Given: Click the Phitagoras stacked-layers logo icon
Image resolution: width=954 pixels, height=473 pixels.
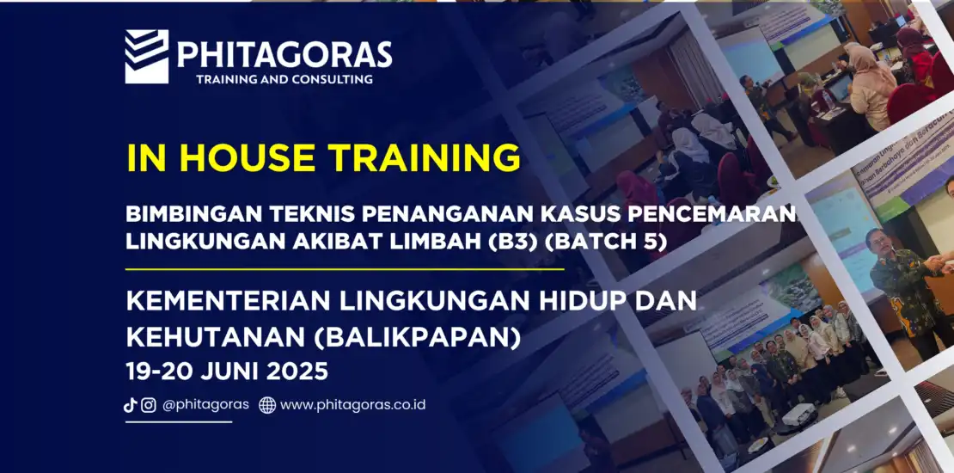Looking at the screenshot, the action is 147,56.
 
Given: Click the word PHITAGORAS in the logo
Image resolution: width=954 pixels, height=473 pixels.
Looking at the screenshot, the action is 284,54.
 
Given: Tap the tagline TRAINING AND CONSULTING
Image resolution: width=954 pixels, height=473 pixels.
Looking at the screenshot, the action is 284,79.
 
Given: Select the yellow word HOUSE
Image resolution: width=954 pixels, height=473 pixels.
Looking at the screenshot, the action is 247,157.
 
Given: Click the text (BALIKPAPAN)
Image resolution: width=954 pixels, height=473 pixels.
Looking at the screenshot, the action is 417,338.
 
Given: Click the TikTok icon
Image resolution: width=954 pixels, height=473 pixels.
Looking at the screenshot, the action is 130,405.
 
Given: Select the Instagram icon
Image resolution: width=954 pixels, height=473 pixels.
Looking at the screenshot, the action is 149,405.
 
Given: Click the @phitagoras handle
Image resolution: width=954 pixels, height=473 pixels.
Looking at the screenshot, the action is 205,405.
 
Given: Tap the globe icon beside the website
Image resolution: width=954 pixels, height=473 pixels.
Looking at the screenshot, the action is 267,405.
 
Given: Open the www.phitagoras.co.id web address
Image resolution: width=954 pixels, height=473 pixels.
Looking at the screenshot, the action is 353,405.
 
